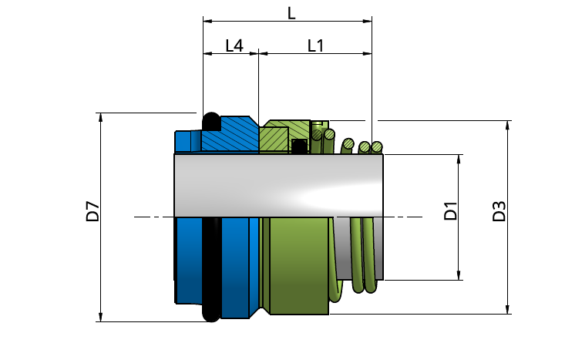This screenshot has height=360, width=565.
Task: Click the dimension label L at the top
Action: coord(291,13)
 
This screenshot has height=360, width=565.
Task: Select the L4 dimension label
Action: coord(234,45)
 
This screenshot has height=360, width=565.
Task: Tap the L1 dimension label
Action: coord(316,45)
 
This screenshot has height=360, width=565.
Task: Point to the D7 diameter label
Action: coord(92,211)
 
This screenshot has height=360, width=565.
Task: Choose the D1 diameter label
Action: coord(450,211)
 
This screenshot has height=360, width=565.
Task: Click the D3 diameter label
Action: coord(499,211)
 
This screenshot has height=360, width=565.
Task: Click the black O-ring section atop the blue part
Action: coord(211,122)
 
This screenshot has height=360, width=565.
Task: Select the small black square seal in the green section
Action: coord(299,146)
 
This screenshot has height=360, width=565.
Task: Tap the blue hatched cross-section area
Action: coord(230,134)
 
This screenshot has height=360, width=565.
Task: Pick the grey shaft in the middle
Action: coord(278,186)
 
